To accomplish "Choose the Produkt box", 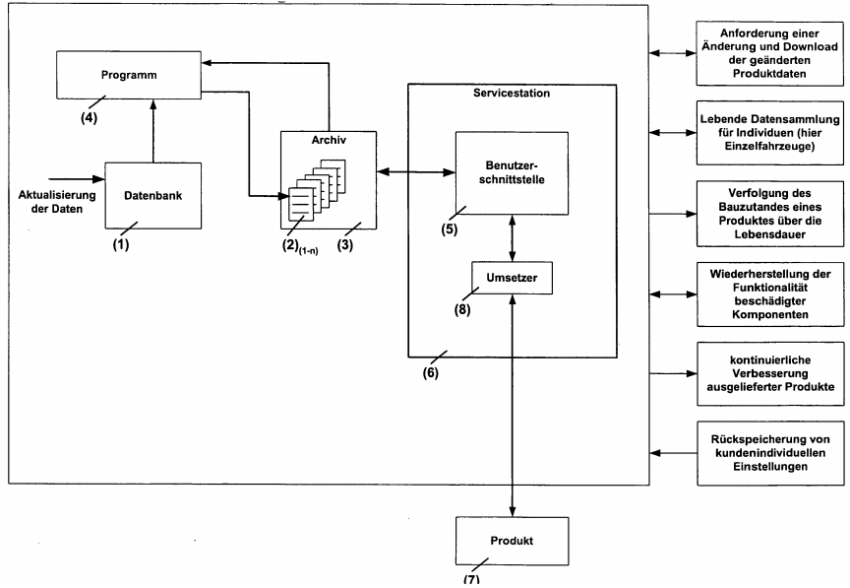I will pos(514,541).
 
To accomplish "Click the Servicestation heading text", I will pos(512,93).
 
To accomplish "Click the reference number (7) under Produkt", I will pos(472,579).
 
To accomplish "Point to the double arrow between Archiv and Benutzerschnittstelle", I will pos(409,175).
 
